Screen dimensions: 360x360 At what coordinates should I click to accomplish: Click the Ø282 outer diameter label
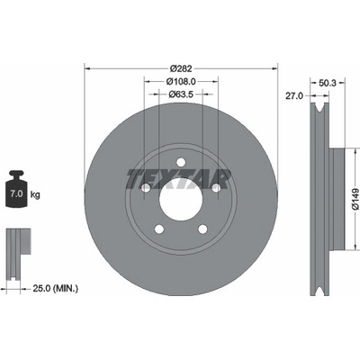click(x=181, y=68)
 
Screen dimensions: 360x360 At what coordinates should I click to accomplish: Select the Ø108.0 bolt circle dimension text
click(x=181, y=81)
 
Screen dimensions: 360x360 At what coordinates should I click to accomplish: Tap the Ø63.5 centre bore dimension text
click(x=181, y=94)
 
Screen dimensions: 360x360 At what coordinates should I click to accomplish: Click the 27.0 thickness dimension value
click(x=294, y=95)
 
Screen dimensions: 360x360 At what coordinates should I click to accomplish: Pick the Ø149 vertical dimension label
click(x=355, y=199)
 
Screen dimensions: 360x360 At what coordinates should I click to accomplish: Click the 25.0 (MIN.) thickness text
click(x=56, y=289)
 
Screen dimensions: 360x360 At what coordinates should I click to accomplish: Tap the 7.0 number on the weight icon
click(x=16, y=193)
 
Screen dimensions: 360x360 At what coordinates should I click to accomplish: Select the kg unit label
click(x=35, y=195)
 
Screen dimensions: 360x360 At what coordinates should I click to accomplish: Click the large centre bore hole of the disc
click(x=181, y=200)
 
